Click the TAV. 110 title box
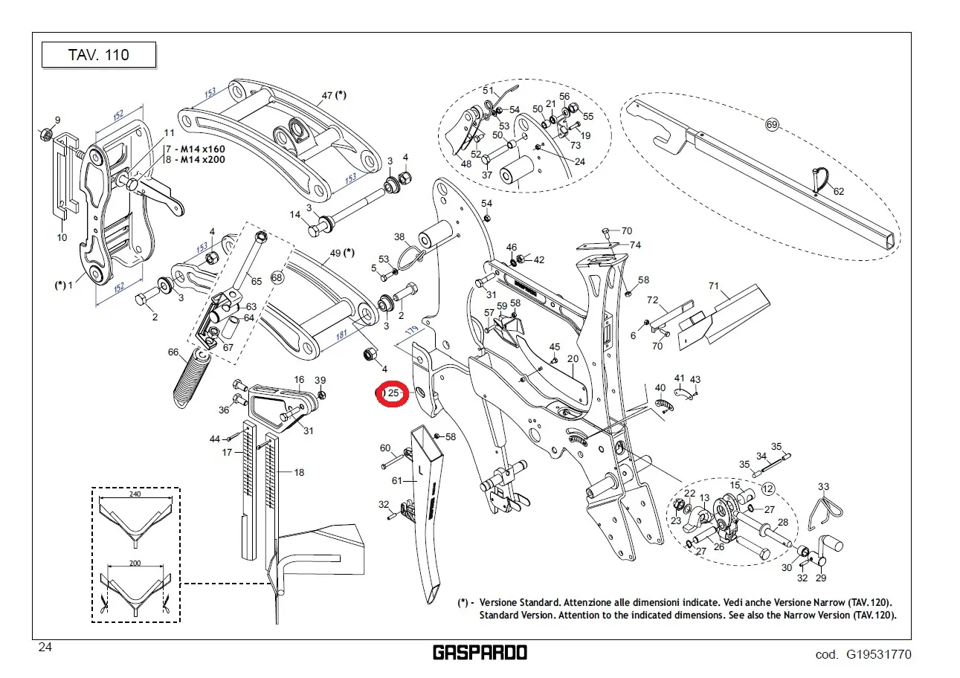tap(98, 55)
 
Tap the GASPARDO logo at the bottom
tap(480, 653)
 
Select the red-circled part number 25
tap(393, 393)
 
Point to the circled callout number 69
tap(772, 125)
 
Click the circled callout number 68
tap(277, 277)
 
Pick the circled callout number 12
tap(767, 489)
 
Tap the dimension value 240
tap(135, 494)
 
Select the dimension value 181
tap(341, 335)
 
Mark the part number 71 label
tap(714, 285)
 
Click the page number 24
tap(45, 648)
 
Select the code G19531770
tap(877, 654)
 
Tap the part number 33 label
tap(823, 488)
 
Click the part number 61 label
tap(396, 481)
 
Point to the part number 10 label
tap(62, 238)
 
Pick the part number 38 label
tap(399, 237)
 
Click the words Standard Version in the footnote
tap(514, 616)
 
